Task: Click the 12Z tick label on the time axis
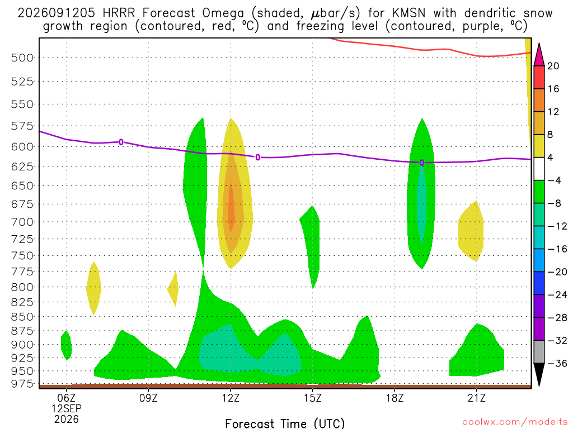tap(231, 398)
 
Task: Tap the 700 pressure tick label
tap(22, 222)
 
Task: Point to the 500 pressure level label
tap(22, 58)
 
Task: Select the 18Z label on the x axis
tap(394, 398)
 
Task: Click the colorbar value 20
tap(553, 66)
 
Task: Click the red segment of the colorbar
tap(539, 77)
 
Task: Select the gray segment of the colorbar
tap(539, 352)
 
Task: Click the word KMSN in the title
tap(408, 13)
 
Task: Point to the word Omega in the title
tap(223, 13)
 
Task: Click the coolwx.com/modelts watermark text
tap(515, 422)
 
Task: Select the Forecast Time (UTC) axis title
tap(285, 423)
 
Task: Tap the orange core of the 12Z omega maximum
tap(231, 207)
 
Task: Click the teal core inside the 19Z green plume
tap(422, 204)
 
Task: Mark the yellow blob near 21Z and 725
tap(471, 231)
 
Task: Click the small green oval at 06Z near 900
tap(66, 345)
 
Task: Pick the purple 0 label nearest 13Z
tap(257, 157)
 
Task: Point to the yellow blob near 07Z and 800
tap(93, 288)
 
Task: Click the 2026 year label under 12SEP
tap(66, 419)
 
